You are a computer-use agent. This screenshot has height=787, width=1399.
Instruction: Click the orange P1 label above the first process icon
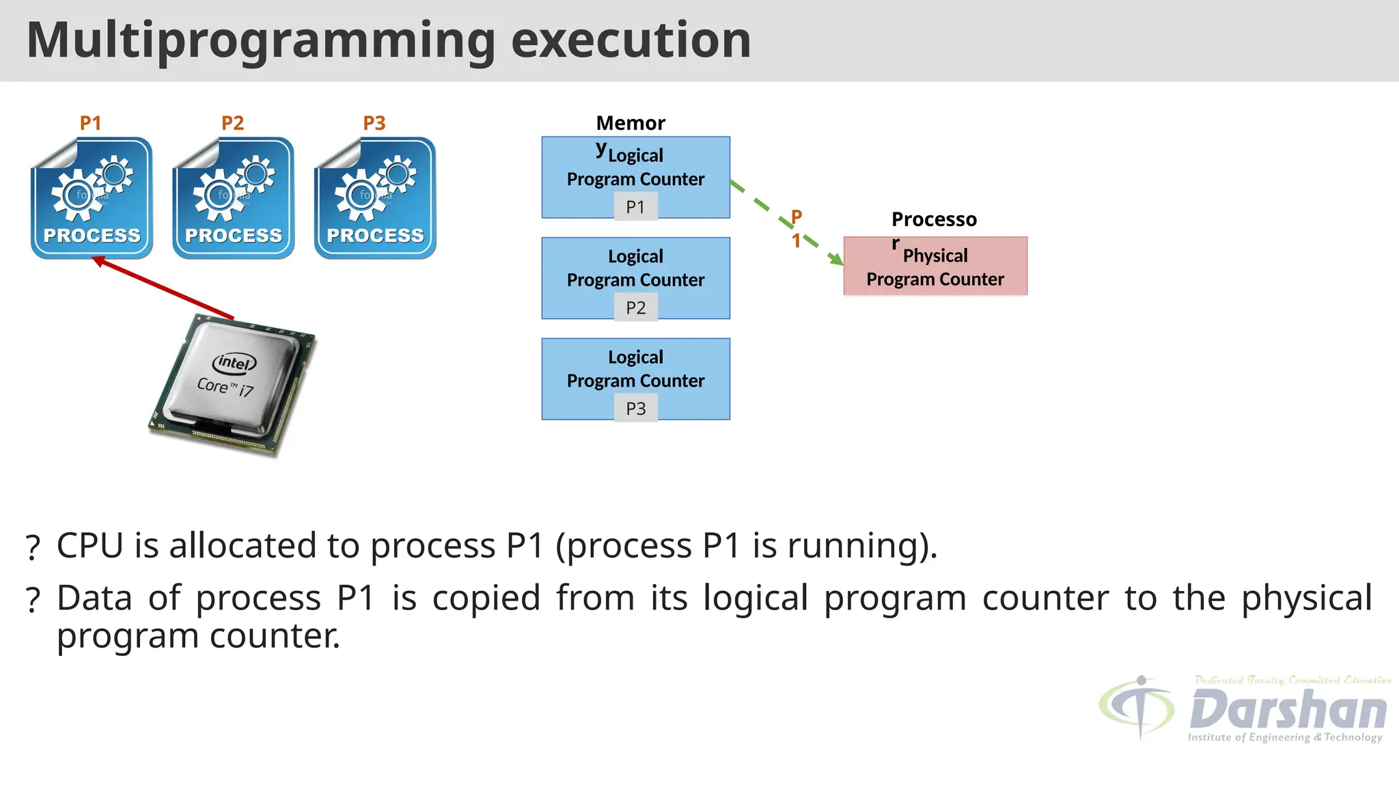point(90,123)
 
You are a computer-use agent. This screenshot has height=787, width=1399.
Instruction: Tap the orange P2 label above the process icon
point(232,123)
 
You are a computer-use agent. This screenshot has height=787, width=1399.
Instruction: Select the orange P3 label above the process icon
point(374,123)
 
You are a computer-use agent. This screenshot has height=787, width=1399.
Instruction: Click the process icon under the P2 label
point(234,198)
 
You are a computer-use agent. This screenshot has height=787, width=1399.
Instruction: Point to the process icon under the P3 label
point(375,198)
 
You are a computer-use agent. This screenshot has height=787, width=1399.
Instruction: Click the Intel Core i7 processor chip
point(232,386)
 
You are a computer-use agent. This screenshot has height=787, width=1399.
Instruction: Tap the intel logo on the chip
point(234,363)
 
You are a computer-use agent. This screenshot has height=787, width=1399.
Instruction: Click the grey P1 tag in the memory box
point(635,207)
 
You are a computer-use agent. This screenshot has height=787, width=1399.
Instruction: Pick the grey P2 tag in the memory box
point(635,308)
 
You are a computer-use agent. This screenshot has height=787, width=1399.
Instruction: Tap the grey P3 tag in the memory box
point(635,409)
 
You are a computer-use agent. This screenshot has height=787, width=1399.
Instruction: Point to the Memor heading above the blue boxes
point(631,123)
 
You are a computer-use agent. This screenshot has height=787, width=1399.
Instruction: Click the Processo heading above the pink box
point(934,219)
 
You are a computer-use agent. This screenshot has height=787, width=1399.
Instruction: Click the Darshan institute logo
point(1243,710)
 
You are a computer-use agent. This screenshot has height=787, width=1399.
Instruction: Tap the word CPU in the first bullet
point(89,546)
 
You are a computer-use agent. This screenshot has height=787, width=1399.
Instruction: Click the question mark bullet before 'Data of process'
point(33,600)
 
